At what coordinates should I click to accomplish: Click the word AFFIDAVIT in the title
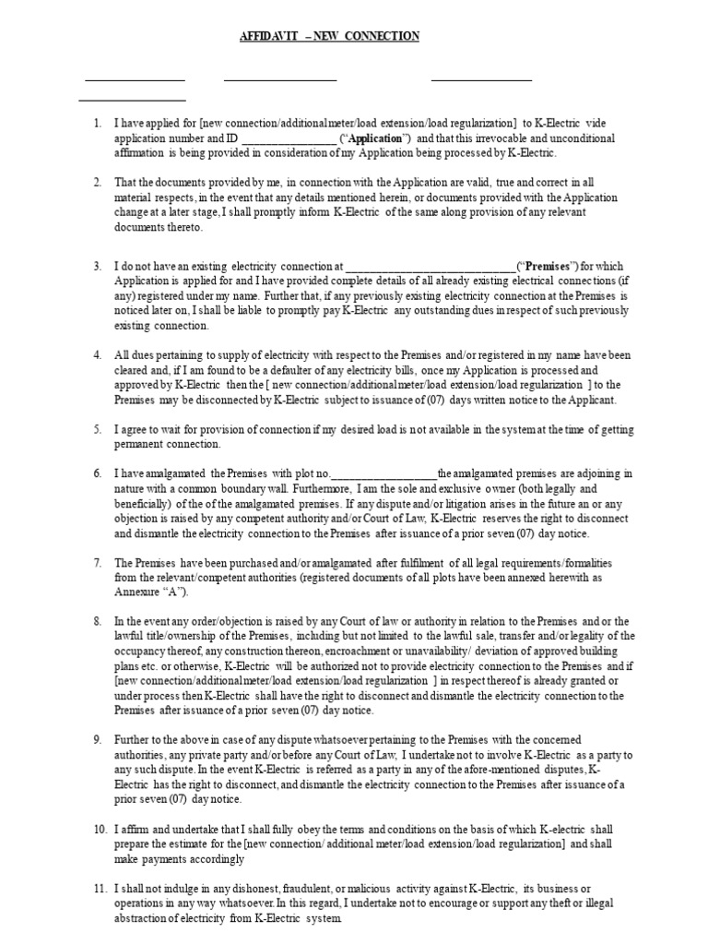pos(258,36)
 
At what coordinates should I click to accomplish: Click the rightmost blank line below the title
pos(481,80)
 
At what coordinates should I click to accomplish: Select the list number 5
pos(98,430)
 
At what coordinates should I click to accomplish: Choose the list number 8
pos(98,621)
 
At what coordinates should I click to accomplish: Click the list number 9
pos(98,740)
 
